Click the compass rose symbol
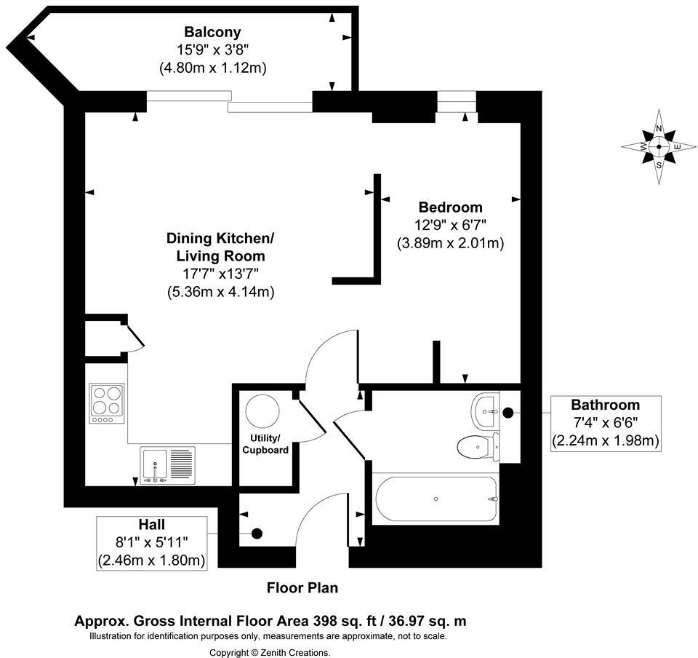click(659, 146)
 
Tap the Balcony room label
click(212, 32)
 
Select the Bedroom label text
click(450, 207)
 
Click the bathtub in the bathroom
click(436, 499)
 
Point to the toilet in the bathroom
click(478, 445)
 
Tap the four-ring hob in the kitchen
click(107, 404)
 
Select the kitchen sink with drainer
click(168, 465)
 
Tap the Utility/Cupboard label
click(265, 445)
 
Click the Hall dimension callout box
click(152, 542)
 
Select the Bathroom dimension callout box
click(605, 423)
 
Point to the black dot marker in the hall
click(256, 534)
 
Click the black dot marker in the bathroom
click(508, 413)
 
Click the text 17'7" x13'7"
click(220, 274)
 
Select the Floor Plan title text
click(302, 587)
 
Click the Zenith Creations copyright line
click(270, 652)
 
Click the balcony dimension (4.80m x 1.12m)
click(213, 68)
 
